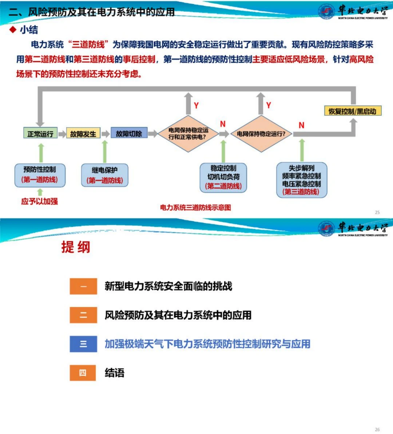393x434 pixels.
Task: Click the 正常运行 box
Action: tap(40, 134)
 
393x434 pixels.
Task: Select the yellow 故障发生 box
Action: tap(83, 134)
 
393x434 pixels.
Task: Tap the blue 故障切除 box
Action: tap(129, 133)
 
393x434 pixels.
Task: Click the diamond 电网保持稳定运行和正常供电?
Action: tap(188, 134)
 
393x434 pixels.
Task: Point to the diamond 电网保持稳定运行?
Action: tap(261, 134)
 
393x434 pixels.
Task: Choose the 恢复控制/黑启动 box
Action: tap(352, 111)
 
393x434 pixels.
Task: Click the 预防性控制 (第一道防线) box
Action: tap(40, 175)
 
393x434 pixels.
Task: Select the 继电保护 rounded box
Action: tap(105, 175)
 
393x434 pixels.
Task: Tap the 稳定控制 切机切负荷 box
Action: tap(223, 177)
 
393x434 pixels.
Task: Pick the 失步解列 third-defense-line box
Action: tap(302, 180)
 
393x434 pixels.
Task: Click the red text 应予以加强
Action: tap(40, 201)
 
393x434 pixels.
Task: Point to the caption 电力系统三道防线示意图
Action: tap(195, 208)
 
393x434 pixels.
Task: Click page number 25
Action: tap(377, 212)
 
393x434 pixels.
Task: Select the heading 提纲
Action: tap(76, 247)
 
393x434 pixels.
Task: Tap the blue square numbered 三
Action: tap(83, 344)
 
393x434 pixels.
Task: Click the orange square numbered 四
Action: tap(83, 373)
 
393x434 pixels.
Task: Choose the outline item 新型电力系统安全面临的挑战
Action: tap(168, 286)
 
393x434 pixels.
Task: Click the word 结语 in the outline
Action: tap(115, 373)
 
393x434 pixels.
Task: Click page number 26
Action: tap(377, 430)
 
